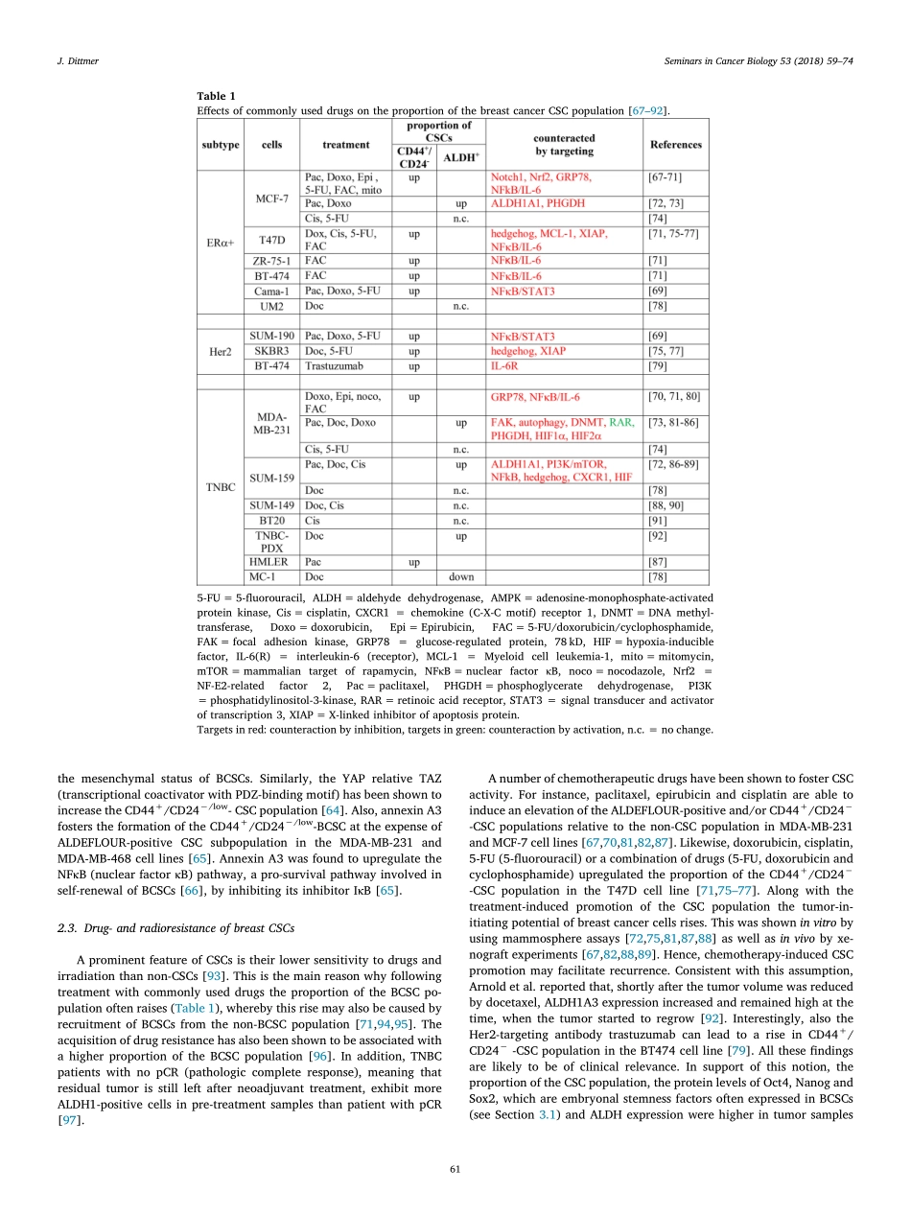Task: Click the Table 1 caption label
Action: pyautogui.click(x=216, y=96)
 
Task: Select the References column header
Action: pyautogui.click(x=675, y=145)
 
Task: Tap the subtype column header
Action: pyautogui.click(x=221, y=145)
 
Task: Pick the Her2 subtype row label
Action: pyautogui.click(x=221, y=351)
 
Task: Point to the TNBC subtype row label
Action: pyautogui.click(x=221, y=486)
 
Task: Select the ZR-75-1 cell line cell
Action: pyautogui.click(x=271, y=260)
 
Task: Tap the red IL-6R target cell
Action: pyautogui.click(x=503, y=365)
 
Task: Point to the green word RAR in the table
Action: pyautogui.click(x=622, y=421)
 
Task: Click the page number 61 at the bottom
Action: pyautogui.click(x=455, y=1168)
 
